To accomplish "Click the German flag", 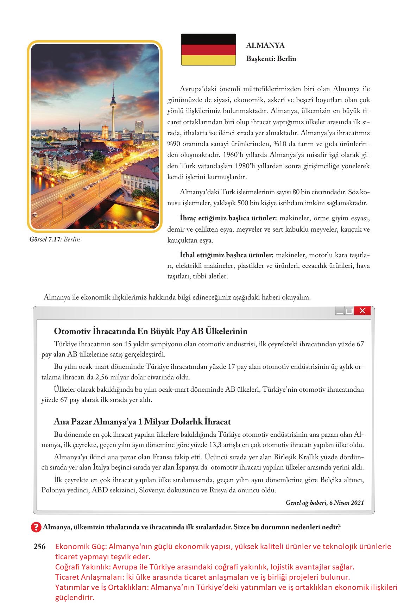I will [208, 50].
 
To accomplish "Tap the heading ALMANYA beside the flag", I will [265, 45].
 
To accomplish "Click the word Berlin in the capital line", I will [286, 59].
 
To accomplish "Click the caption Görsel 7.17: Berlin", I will [55, 240].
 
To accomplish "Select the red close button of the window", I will [363, 311].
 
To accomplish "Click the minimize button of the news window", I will [340, 311].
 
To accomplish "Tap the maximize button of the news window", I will [349, 311].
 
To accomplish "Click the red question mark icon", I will [36, 527].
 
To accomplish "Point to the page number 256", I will [40, 547].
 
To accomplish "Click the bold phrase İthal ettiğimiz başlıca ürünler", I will [227, 255].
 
